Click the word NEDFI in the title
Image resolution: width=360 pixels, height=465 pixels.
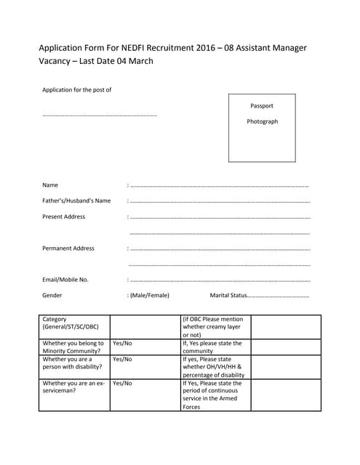pyautogui.click(x=129, y=48)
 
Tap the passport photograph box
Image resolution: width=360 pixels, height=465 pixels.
pyautogui.click(x=262, y=127)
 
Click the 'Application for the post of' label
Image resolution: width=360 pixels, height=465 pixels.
pyautogui.click(x=76, y=89)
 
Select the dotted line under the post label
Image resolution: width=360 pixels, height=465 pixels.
pyautogui.click(x=100, y=115)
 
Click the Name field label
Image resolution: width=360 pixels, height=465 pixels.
pyautogui.click(x=50, y=185)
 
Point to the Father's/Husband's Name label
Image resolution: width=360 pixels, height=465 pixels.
pyautogui.click(x=76, y=201)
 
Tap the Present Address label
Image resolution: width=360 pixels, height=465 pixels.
pyautogui.click(x=63, y=217)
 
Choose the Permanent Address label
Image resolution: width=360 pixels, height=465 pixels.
pyautogui.click(x=68, y=248)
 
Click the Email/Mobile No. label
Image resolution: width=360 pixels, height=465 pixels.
pyautogui.click(x=65, y=279)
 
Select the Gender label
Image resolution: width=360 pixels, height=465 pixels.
pyautogui.click(x=52, y=295)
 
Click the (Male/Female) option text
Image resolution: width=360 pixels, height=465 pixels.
pyautogui.click(x=149, y=295)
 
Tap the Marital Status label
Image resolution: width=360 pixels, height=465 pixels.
pyautogui.click(x=228, y=295)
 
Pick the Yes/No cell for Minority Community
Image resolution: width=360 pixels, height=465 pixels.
pyautogui.click(x=122, y=343)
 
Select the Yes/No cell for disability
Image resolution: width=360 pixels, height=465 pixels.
pyautogui.click(x=122, y=359)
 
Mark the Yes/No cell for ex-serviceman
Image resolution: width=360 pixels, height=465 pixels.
pyautogui.click(x=122, y=383)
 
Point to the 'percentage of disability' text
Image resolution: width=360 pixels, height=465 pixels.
pyautogui.click(x=213, y=375)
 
